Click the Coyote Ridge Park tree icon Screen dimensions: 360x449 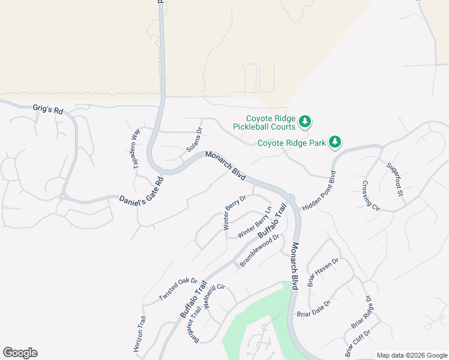[335, 142]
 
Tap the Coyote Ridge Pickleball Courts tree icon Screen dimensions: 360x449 [305, 122]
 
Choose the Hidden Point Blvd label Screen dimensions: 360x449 [318, 190]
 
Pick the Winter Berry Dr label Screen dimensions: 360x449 [235, 212]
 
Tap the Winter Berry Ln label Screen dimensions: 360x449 [255, 221]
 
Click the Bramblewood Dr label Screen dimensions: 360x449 [260, 250]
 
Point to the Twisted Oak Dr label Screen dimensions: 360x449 [178, 289]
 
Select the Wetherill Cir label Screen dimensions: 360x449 [213, 296]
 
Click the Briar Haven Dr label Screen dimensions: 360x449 [323, 272]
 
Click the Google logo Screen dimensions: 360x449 [20, 353]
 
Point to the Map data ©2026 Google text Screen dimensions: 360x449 [411, 355]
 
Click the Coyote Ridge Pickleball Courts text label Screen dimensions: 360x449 [271, 122]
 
